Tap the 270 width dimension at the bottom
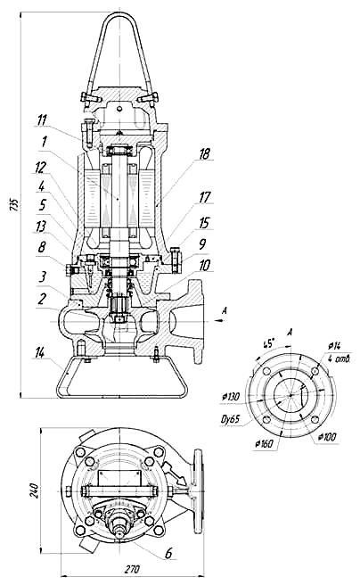coord(132,569)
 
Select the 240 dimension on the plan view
coord(34,491)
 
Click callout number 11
coord(42,120)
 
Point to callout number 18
coord(205,153)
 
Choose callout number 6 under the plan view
coord(168,554)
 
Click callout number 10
coord(205,265)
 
